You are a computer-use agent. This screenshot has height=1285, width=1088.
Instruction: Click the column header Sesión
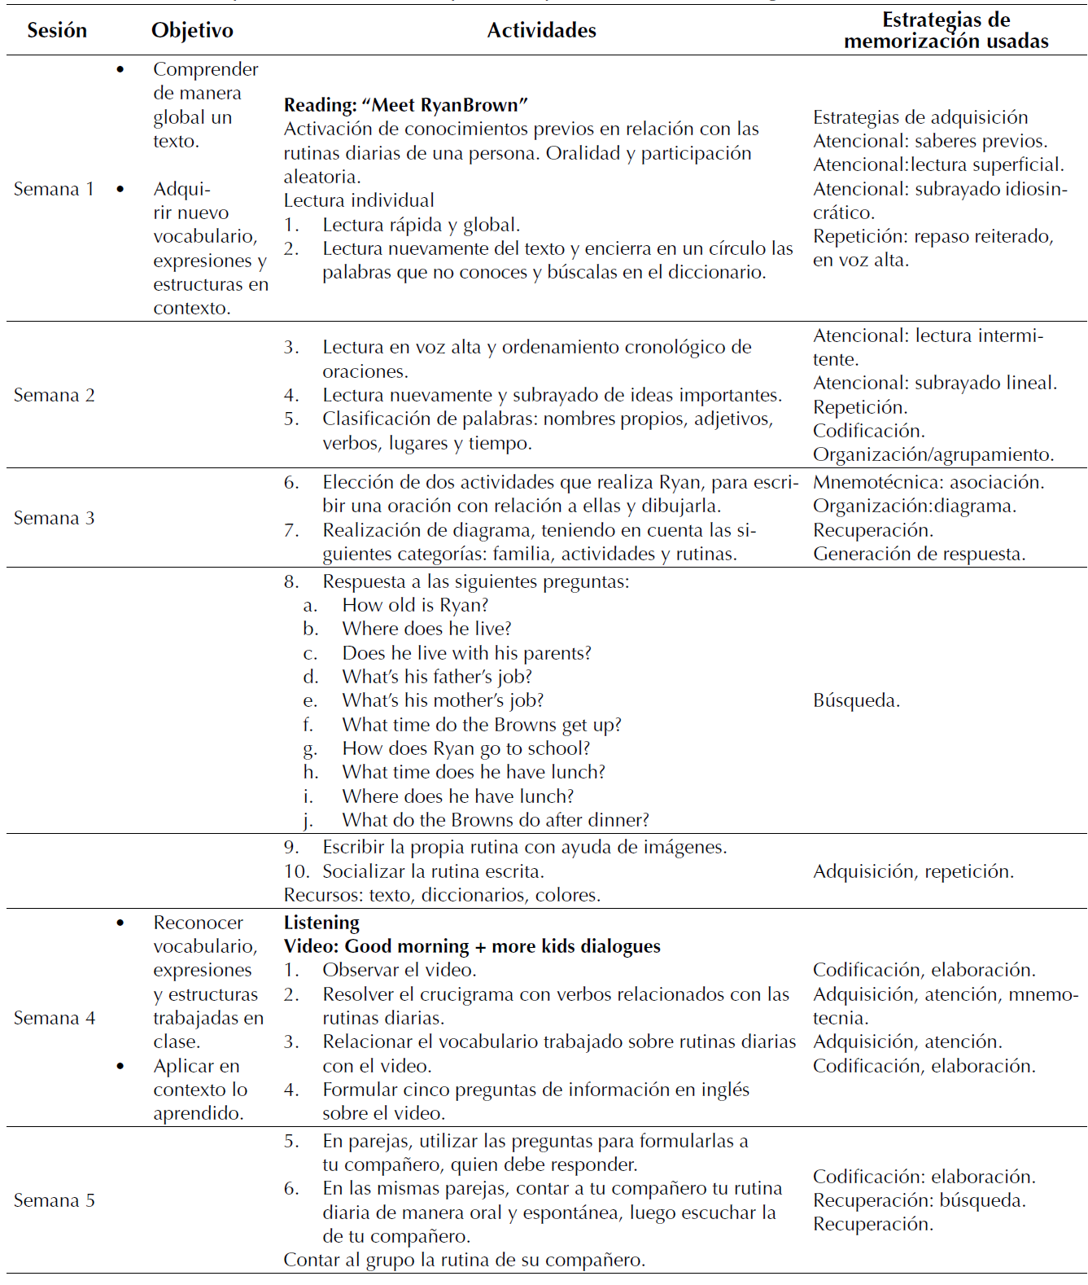[57, 31]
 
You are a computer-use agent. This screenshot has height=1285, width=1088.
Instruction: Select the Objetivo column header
[192, 31]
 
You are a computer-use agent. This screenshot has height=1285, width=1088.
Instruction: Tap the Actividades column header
[541, 31]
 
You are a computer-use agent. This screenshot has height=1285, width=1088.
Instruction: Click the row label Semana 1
[54, 189]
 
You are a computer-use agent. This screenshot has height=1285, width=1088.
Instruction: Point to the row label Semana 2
[54, 395]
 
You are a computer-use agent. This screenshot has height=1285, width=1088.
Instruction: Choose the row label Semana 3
[54, 518]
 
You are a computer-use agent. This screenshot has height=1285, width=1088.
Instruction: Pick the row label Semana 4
[54, 1018]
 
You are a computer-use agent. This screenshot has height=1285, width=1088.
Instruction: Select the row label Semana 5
[54, 1200]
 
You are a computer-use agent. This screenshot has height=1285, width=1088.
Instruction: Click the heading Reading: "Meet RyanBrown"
[406, 105]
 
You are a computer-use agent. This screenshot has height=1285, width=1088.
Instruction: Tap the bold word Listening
[321, 923]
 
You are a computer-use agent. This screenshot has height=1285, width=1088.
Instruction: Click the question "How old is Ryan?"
[415, 605]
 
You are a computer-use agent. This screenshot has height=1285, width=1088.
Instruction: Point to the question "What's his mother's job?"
[443, 700]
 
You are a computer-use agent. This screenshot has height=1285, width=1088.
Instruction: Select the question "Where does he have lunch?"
[457, 796]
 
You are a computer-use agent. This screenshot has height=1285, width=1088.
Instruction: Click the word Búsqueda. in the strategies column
[856, 700]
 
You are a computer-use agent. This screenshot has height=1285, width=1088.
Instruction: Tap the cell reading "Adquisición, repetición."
[913, 871]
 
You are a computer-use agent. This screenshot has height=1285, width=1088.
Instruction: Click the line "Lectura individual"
[359, 200]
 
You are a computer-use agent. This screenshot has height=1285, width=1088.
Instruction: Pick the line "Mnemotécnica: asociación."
[929, 482]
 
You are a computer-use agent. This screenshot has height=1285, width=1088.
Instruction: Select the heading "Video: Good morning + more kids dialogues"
[472, 946]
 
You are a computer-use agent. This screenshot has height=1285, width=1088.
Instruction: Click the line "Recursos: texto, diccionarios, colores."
[442, 895]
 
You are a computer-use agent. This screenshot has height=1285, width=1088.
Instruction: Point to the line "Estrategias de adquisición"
[920, 117]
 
